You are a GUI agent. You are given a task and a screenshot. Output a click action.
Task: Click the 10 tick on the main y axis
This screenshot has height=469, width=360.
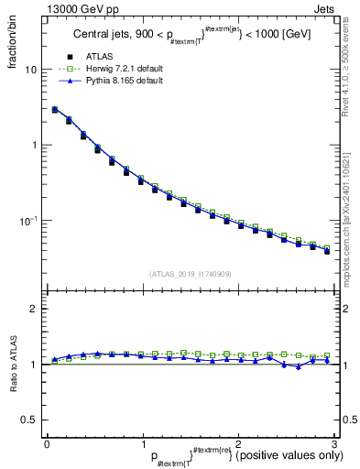31,71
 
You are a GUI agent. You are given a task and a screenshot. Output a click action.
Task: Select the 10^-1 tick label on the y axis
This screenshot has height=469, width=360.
28,220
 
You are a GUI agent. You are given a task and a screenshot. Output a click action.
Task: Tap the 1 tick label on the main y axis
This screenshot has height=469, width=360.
34,146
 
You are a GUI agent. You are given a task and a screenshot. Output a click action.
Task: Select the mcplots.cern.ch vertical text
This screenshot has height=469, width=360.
350,220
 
